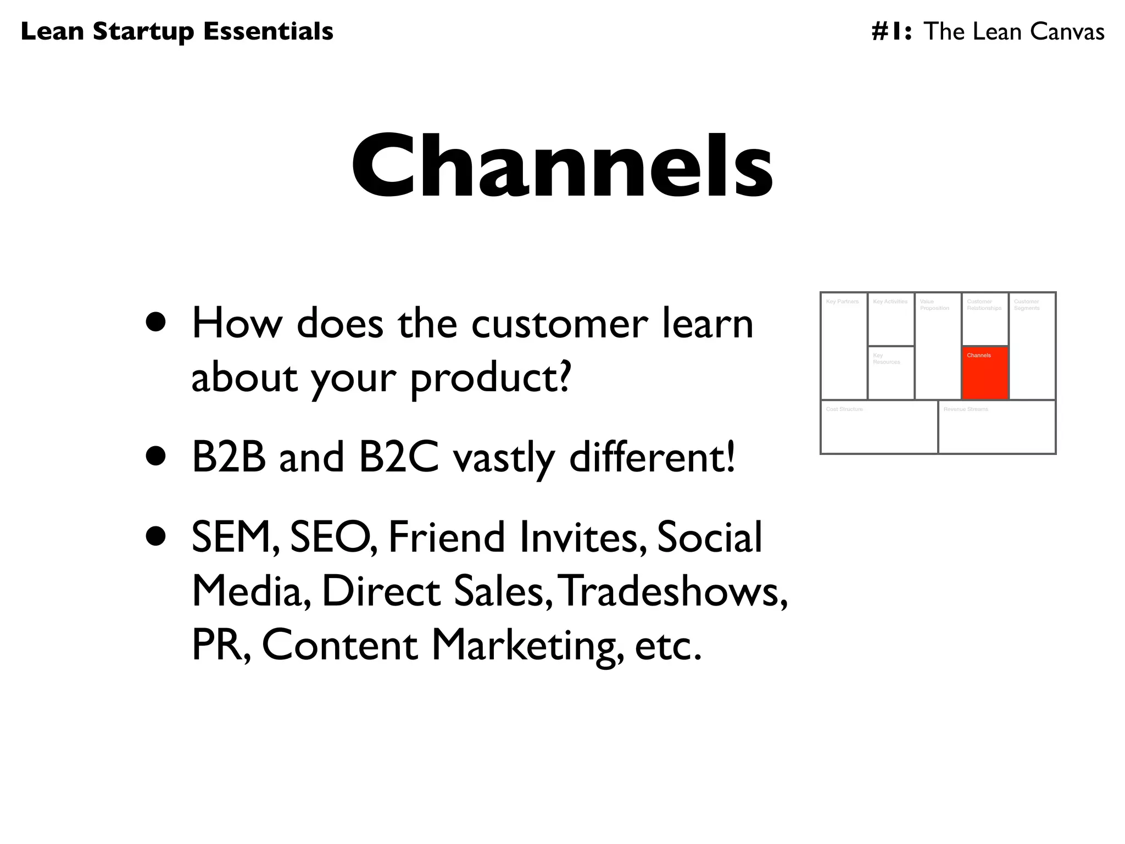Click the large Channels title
click(562, 165)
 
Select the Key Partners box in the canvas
click(844, 346)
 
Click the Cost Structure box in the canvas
click(879, 427)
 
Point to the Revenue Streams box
click(996, 427)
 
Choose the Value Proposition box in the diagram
click(938, 346)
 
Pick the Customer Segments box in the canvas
click(1032, 346)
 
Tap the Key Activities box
click(891, 320)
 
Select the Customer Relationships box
click(985, 320)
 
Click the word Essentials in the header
click(268, 31)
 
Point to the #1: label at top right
click(892, 31)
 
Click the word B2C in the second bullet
click(399, 457)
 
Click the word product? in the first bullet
click(491, 378)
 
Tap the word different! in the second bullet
click(652, 457)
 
